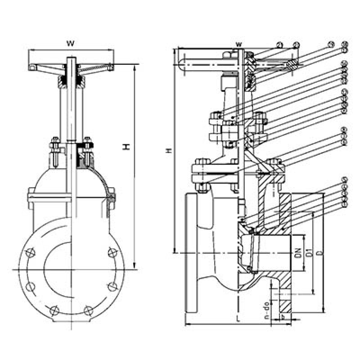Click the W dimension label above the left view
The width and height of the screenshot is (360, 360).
tap(70, 43)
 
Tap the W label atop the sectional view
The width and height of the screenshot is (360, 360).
tap(239, 44)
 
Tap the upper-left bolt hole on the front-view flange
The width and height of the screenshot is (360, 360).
tap(31, 252)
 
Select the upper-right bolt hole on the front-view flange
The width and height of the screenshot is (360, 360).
tap(111, 252)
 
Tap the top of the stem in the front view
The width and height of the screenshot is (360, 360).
tap(71, 59)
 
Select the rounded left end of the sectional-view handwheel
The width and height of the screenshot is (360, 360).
tap(182, 65)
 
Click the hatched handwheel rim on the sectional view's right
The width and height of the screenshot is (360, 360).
tap(293, 65)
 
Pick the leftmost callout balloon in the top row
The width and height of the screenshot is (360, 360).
tap(279, 45)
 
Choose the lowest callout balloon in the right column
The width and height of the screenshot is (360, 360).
tap(345, 205)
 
